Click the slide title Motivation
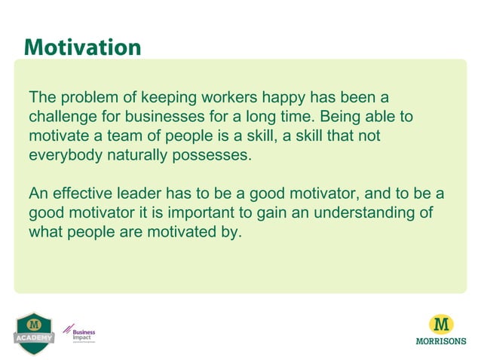coord(82,47)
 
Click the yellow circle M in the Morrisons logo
coord(441,325)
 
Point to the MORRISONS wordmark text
coord(441,340)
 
